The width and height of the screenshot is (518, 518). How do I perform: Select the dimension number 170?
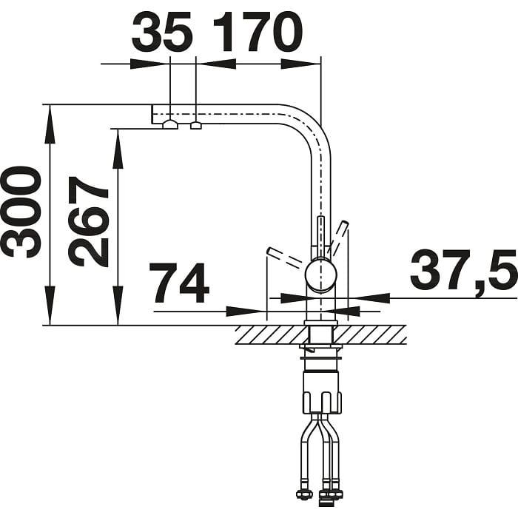tap(258, 32)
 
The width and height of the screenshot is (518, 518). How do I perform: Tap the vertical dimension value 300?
tap(22, 212)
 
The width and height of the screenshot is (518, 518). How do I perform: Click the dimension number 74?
tap(179, 283)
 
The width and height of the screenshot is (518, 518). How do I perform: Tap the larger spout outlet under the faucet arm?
tap(170, 124)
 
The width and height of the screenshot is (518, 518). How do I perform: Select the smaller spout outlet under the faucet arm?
tap(196, 126)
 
